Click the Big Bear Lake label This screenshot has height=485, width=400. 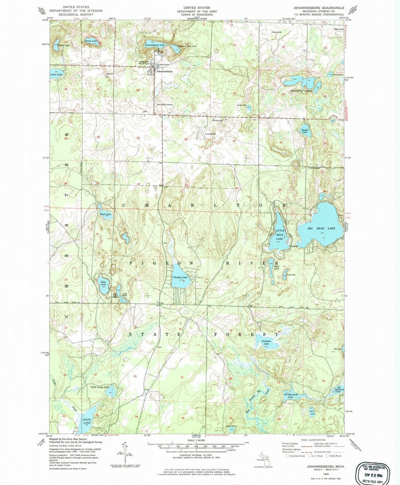[x=321, y=228]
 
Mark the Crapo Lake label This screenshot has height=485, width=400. [x=86, y=421]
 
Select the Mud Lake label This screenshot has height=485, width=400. [x=105, y=214]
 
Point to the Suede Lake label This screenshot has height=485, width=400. [x=304, y=131]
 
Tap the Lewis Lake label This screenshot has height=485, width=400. [x=56, y=75]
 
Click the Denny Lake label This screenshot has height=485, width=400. [x=91, y=41]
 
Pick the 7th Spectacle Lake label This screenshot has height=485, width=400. [x=290, y=396]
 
